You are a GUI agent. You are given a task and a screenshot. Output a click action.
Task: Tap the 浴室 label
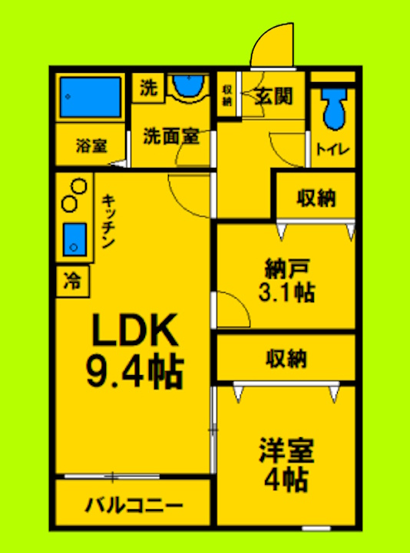tap(91, 144)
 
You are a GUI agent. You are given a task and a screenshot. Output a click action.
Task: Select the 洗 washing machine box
tap(147, 88)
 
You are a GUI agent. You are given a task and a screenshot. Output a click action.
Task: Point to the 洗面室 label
tap(171, 137)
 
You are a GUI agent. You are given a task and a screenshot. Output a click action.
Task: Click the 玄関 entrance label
tap(273, 97)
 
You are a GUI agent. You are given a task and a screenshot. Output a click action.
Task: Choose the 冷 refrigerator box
tap(71, 281)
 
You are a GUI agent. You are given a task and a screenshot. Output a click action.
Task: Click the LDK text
tap(135, 331)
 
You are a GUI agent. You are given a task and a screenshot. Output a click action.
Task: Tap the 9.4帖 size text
tap(135, 373)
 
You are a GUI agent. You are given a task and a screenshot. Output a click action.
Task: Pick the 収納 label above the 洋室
tap(287, 357)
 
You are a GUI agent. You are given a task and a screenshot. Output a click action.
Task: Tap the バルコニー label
tap(133, 507)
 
